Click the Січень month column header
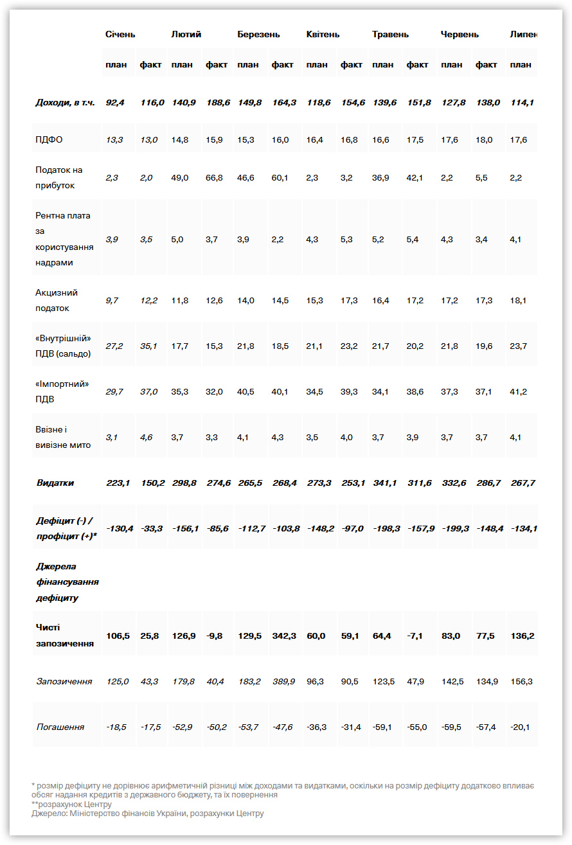(x=120, y=34)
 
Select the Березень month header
(x=256, y=34)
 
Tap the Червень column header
(x=460, y=34)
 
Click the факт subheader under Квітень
(x=352, y=64)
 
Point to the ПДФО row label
(x=49, y=139)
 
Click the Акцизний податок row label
(x=57, y=300)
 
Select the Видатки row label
(x=55, y=483)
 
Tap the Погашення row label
(x=60, y=727)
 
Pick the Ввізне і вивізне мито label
(x=63, y=437)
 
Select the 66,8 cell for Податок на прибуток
(x=214, y=177)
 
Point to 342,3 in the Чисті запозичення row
(x=283, y=636)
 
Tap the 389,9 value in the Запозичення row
(x=283, y=681)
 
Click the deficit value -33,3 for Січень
(x=151, y=528)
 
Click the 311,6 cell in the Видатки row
(x=419, y=483)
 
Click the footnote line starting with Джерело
(x=148, y=814)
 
